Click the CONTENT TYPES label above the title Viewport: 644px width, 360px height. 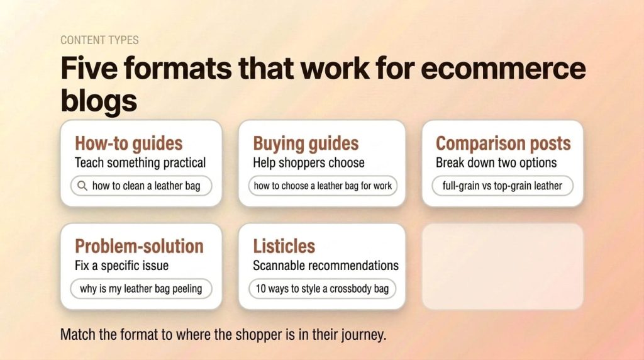99,40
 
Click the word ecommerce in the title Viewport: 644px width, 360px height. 502,69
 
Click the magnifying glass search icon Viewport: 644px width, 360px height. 81,186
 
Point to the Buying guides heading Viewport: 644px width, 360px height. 306,143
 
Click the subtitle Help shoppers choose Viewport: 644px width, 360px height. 308,162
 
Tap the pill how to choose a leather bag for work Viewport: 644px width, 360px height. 323,186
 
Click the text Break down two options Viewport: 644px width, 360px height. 496,162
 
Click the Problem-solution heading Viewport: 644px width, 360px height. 139,245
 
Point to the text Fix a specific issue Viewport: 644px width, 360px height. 121,265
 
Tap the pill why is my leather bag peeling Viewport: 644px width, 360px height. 141,289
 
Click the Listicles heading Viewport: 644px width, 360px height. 284,245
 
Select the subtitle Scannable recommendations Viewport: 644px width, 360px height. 326,265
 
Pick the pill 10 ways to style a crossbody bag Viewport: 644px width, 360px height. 322,289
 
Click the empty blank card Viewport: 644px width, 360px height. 502,266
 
